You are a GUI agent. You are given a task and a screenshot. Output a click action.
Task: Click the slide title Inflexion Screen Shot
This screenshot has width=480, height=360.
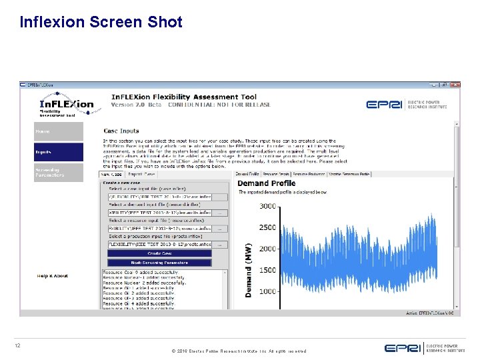101,22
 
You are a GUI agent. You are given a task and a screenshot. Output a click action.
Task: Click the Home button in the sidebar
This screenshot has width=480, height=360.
59,131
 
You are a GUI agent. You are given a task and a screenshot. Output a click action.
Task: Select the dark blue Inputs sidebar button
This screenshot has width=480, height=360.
59,153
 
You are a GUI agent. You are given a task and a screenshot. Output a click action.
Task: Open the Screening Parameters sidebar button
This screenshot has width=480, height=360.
59,173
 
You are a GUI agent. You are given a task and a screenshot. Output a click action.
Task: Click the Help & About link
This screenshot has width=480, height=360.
53,275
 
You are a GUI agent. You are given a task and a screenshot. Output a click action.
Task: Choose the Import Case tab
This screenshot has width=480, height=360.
141,174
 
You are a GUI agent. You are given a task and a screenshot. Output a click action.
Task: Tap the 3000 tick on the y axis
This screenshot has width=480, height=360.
267,207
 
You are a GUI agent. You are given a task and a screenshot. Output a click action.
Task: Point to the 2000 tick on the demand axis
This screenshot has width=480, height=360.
267,249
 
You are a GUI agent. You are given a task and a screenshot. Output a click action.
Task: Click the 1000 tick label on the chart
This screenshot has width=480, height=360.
267,291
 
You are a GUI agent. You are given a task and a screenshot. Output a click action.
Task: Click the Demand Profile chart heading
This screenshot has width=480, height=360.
266,183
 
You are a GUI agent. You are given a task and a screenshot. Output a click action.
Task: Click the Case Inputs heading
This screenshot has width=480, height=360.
121,131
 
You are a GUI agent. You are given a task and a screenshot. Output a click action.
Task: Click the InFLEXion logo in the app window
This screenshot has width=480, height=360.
67,105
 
